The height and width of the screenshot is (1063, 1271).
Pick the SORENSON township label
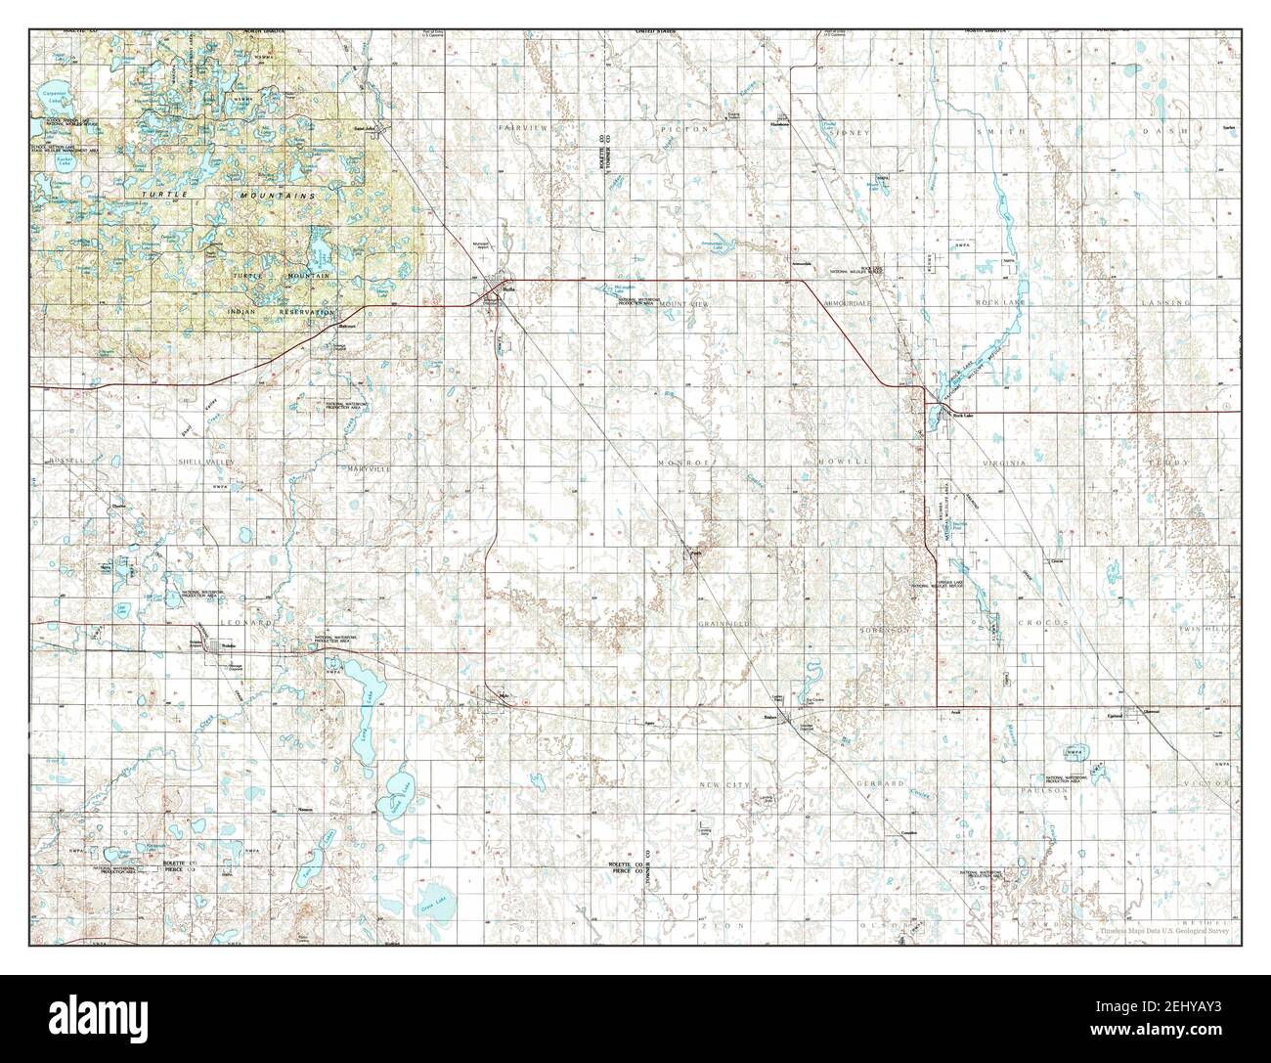(886, 631)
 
